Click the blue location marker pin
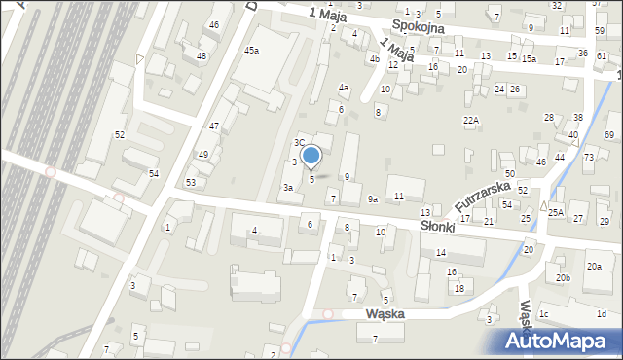tap(311, 156)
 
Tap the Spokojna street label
tap(419, 27)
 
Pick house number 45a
tap(252, 50)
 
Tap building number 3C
tap(300, 142)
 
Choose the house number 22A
tap(471, 120)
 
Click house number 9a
tap(372, 198)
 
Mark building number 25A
tap(556, 212)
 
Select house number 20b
tap(563, 277)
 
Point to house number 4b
tap(374, 58)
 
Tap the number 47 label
tap(213, 126)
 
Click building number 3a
tap(288, 187)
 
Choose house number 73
tap(589, 157)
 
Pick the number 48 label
tap(202, 55)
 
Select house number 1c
tap(544, 313)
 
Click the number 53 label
tap(191, 182)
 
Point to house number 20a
tap(593, 266)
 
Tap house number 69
tap(610, 133)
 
